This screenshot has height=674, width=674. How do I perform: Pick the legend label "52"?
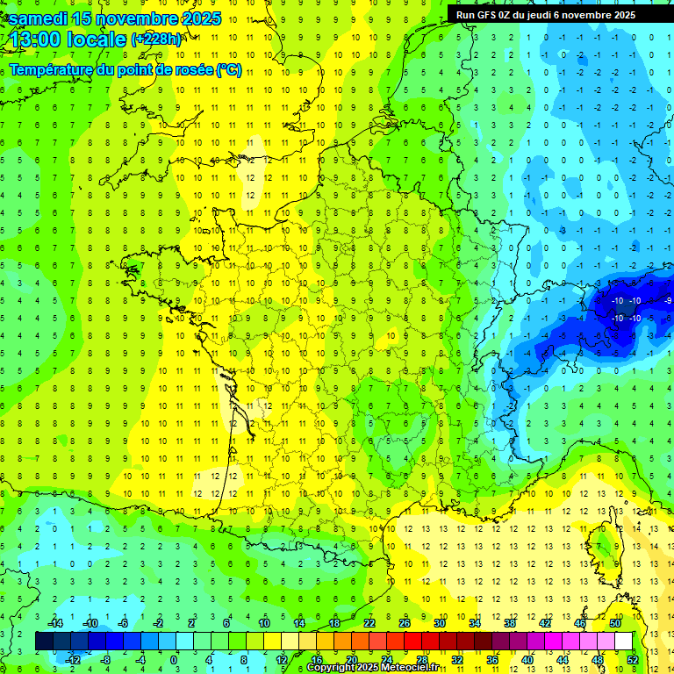[x=633, y=659]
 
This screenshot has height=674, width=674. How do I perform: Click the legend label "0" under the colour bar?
[x=174, y=659]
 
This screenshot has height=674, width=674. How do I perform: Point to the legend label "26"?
[x=405, y=623]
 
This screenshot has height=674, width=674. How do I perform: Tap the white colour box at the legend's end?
[x=623, y=641]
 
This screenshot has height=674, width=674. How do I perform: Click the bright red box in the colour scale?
[x=413, y=641]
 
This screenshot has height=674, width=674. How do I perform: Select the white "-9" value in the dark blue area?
[x=669, y=301]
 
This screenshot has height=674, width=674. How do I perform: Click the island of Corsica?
[x=606, y=549]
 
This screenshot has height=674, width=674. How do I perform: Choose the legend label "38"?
[x=510, y=623]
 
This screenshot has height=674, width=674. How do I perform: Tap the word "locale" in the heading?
[x=98, y=39]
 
